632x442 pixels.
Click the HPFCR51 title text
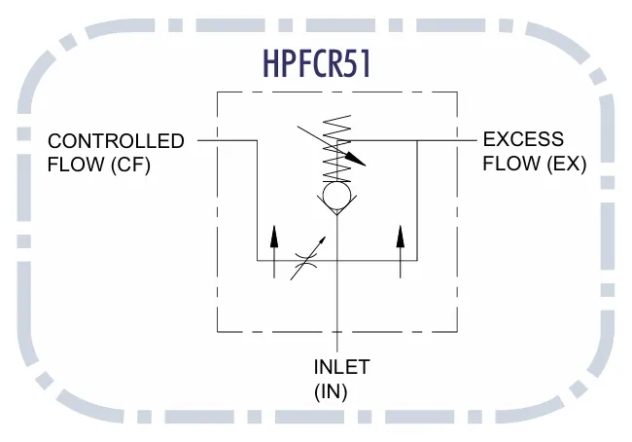click(x=316, y=64)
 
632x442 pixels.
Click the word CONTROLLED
click(x=116, y=141)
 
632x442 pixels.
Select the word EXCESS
click(x=523, y=139)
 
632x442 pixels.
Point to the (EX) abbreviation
click(x=566, y=164)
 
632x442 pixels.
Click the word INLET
click(x=342, y=367)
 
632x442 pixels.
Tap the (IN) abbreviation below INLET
click(x=331, y=391)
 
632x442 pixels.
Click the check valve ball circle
click(x=337, y=196)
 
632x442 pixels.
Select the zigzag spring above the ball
click(x=337, y=149)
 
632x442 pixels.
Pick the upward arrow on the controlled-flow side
click(x=274, y=252)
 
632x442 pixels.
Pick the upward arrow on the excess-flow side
click(x=401, y=252)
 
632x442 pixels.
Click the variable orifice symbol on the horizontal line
click(x=307, y=260)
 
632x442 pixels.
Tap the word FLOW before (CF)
click(x=76, y=165)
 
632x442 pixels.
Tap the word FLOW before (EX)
click(x=511, y=164)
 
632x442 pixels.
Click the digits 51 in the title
click(x=361, y=64)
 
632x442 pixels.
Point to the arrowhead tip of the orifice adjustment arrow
click(x=326, y=238)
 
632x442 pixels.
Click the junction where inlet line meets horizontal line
click(x=337, y=260)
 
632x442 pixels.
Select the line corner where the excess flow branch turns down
click(x=417, y=141)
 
